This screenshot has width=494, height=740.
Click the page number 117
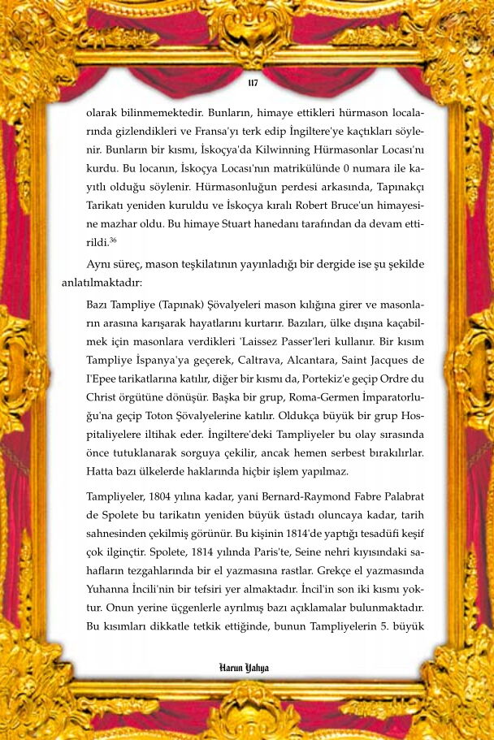pos(252,83)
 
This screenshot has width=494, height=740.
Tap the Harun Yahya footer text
pos(244,668)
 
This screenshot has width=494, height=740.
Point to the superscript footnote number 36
pos(115,240)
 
